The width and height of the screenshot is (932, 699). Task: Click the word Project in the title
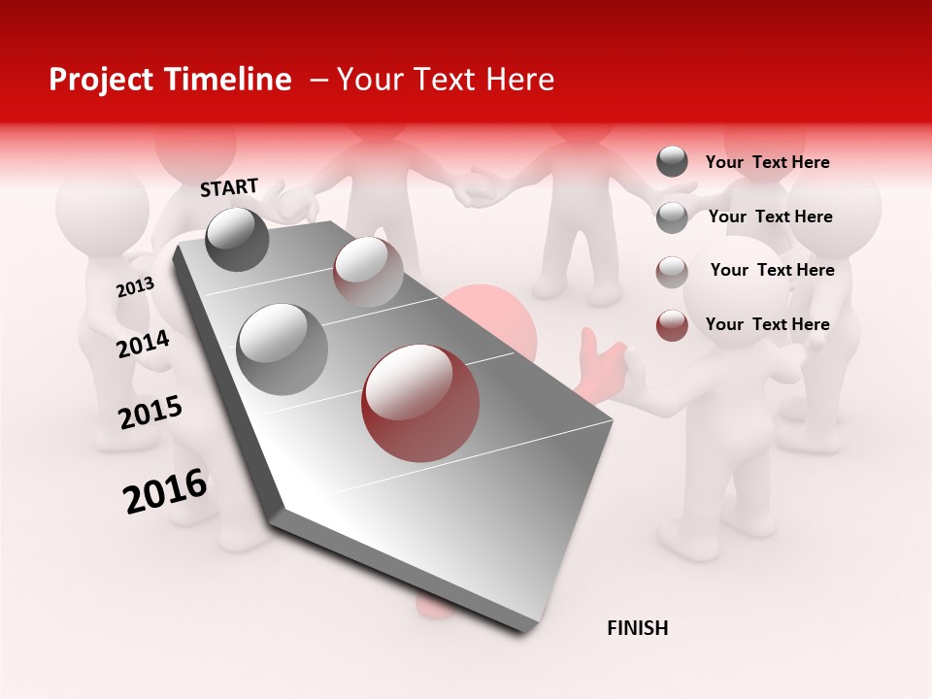[100, 80]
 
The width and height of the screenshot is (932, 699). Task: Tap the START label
[229, 187]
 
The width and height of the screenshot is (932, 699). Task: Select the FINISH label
[637, 628]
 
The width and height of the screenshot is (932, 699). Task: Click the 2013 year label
[135, 287]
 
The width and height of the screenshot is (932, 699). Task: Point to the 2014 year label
[143, 344]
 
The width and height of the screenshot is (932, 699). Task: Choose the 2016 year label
[165, 491]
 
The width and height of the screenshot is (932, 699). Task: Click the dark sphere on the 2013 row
[238, 239]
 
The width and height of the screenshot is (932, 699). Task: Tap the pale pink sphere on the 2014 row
[368, 272]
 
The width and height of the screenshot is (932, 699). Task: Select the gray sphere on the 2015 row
[283, 349]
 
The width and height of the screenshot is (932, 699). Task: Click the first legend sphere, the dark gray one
[672, 162]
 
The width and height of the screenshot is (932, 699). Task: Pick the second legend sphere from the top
[672, 217]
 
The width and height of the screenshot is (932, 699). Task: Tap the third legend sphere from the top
[672, 272]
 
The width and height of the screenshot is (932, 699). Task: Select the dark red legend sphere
[672, 325]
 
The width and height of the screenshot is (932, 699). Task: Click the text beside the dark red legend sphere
[767, 324]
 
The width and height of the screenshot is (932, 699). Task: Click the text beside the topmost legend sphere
[767, 162]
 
